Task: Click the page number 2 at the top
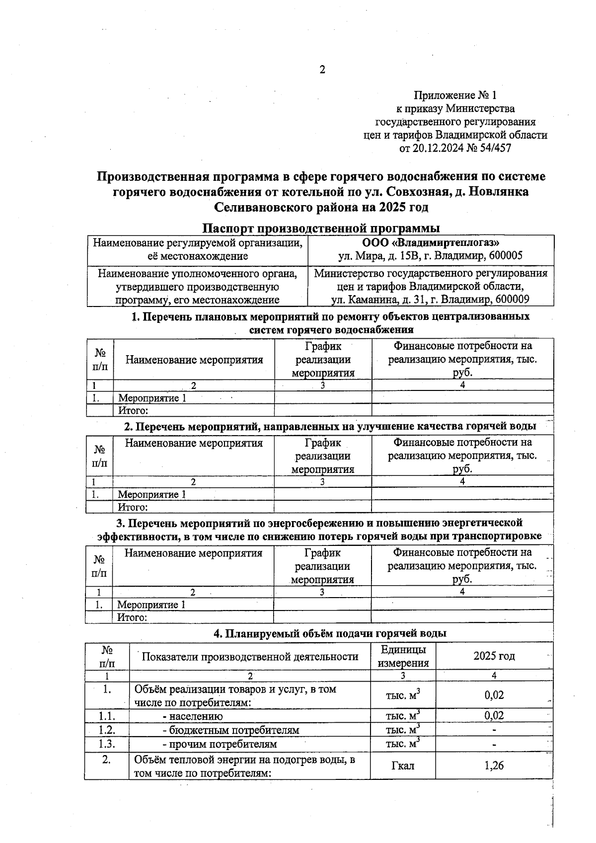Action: pyautogui.click(x=322, y=70)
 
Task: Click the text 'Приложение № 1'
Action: pyautogui.click(x=455, y=95)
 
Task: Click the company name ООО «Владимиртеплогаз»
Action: pyautogui.click(x=431, y=243)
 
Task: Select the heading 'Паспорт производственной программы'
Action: pyautogui.click(x=321, y=229)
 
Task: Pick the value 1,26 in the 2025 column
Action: pyautogui.click(x=494, y=766)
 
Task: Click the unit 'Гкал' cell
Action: pyautogui.click(x=403, y=766)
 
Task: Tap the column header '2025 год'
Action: pyautogui.click(x=494, y=656)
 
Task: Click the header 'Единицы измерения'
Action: pyautogui.click(x=403, y=656)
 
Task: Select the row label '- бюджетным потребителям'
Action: pyautogui.click(x=231, y=730)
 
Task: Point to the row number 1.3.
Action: pyautogui.click(x=107, y=744)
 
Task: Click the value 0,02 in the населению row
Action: pyautogui.click(x=494, y=716)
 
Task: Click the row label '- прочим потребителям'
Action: pyautogui.click(x=220, y=744)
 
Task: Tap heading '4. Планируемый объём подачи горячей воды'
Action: pyautogui.click(x=330, y=633)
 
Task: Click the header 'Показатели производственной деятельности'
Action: pyautogui.click(x=250, y=657)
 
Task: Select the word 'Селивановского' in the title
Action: pyautogui.click(x=263, y=206)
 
